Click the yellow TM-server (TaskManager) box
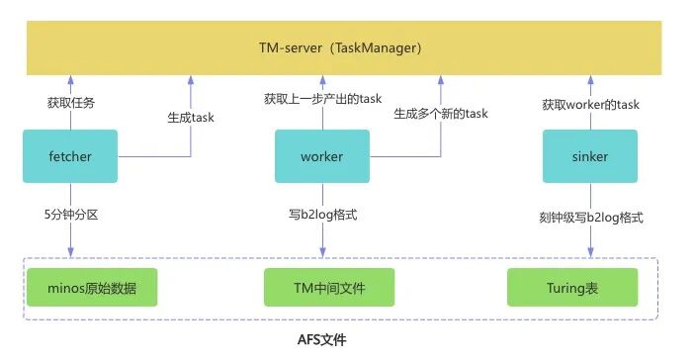click(344, 47)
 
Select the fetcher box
click(70, 156)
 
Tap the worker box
click(322, 156)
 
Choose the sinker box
click(590, 156)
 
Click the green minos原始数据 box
click(92, 288)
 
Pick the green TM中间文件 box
click(329, 288)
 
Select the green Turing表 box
click(572, 288)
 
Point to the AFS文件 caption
click(321, 339)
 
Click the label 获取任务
click(71, 103)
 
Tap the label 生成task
click(191, 118)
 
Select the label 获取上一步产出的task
click(322, 98)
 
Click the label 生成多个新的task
click(441, 114)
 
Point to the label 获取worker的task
click(590, 105)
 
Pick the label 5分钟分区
click(71, 215)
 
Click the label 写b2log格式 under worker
click(322, 215)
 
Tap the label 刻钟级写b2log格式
click(591, 218)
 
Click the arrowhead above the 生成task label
click(191, 80)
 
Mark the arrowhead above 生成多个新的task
click(441, 80)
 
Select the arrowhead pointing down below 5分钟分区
click(71, 252)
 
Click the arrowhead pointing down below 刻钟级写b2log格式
click(590, 252)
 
